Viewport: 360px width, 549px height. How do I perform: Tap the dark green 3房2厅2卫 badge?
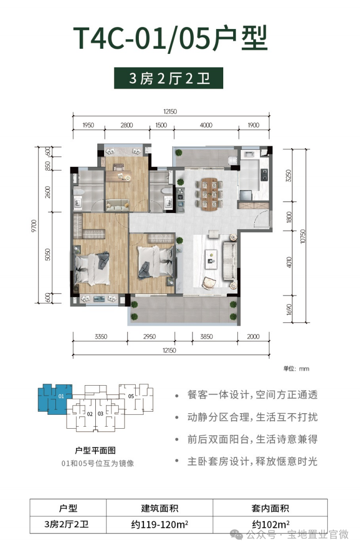(168, 79)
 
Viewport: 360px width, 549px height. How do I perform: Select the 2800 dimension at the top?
(127, 125)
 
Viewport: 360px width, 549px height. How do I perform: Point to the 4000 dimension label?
(206, 125)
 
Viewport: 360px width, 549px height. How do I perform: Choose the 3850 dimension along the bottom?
(206, 337)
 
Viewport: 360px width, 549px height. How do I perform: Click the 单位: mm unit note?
(296, 369)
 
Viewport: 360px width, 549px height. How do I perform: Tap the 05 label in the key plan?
(131, 397)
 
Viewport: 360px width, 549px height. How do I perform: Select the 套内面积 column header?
(271, 508)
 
